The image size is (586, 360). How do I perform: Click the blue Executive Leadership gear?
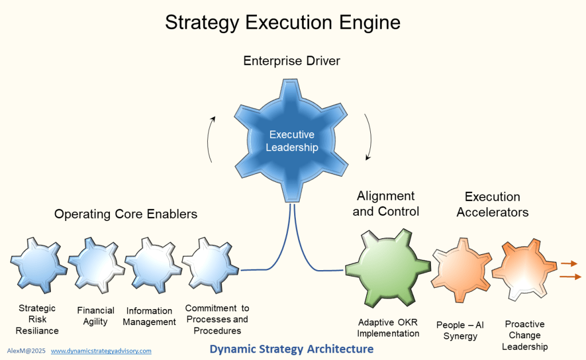(291, 141)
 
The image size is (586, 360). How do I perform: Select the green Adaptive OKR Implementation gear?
(387, 268)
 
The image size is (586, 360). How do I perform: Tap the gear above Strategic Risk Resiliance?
(38, 264)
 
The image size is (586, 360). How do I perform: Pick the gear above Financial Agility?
(96, 264)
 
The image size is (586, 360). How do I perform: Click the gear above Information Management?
(153, 264)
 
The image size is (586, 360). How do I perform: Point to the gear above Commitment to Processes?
(210, 264)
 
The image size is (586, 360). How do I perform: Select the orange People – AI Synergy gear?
(462, 269)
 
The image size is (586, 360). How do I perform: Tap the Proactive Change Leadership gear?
(524, 269)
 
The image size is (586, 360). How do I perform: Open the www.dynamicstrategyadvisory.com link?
(101, 351)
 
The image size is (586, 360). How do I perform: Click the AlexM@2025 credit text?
(26, 351)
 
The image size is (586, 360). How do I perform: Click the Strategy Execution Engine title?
(283, 22)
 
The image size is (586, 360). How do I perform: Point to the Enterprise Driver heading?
(291, 61)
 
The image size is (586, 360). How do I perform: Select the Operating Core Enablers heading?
(125, 214)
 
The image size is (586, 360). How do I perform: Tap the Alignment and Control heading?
(386, 204)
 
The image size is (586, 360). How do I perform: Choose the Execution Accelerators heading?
(493, 204)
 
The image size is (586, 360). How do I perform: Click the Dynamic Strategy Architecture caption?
(291, 349)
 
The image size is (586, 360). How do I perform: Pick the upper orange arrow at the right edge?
(569, 264)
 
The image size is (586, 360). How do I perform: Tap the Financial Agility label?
(96, 316)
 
